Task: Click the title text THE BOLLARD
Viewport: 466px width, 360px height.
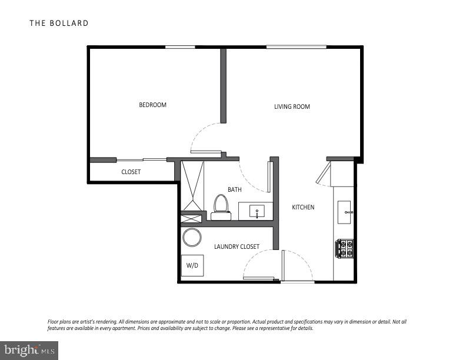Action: click(x=59, y=24)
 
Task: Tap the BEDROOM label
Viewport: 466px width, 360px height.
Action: click(x=152, y=105)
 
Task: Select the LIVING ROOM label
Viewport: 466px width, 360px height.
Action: click(x=292, y=107)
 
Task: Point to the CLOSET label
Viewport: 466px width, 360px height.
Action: click(x=131, y=172)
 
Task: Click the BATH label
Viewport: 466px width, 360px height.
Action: click(x=235, y=189)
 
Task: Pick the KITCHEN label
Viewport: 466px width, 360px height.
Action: click(x=303, y=208)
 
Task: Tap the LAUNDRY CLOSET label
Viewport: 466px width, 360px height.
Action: click(x=237, y=246)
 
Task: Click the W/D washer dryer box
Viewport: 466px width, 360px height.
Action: click(x=192, y=265)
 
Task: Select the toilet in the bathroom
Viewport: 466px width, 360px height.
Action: click(x=221, y=206)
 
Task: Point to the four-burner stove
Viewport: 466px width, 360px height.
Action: click(x=345, y=248)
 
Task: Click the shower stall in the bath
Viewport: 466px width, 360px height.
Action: click(x=192, y=185)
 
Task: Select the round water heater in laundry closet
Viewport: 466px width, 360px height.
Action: click(x=192, y=238)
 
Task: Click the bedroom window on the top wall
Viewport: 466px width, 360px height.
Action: click(x=180, y=47)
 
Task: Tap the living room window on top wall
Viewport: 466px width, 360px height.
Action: click(x=296, y=47)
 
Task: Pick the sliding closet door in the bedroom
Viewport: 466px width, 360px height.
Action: click(x=141, y=159)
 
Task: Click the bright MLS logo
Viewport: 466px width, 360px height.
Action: click(x=29, y=351)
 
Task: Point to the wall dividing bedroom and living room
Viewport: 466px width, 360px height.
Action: click(x=224, y=85)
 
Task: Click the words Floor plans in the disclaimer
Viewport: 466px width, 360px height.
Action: click(x=58, y=322)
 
